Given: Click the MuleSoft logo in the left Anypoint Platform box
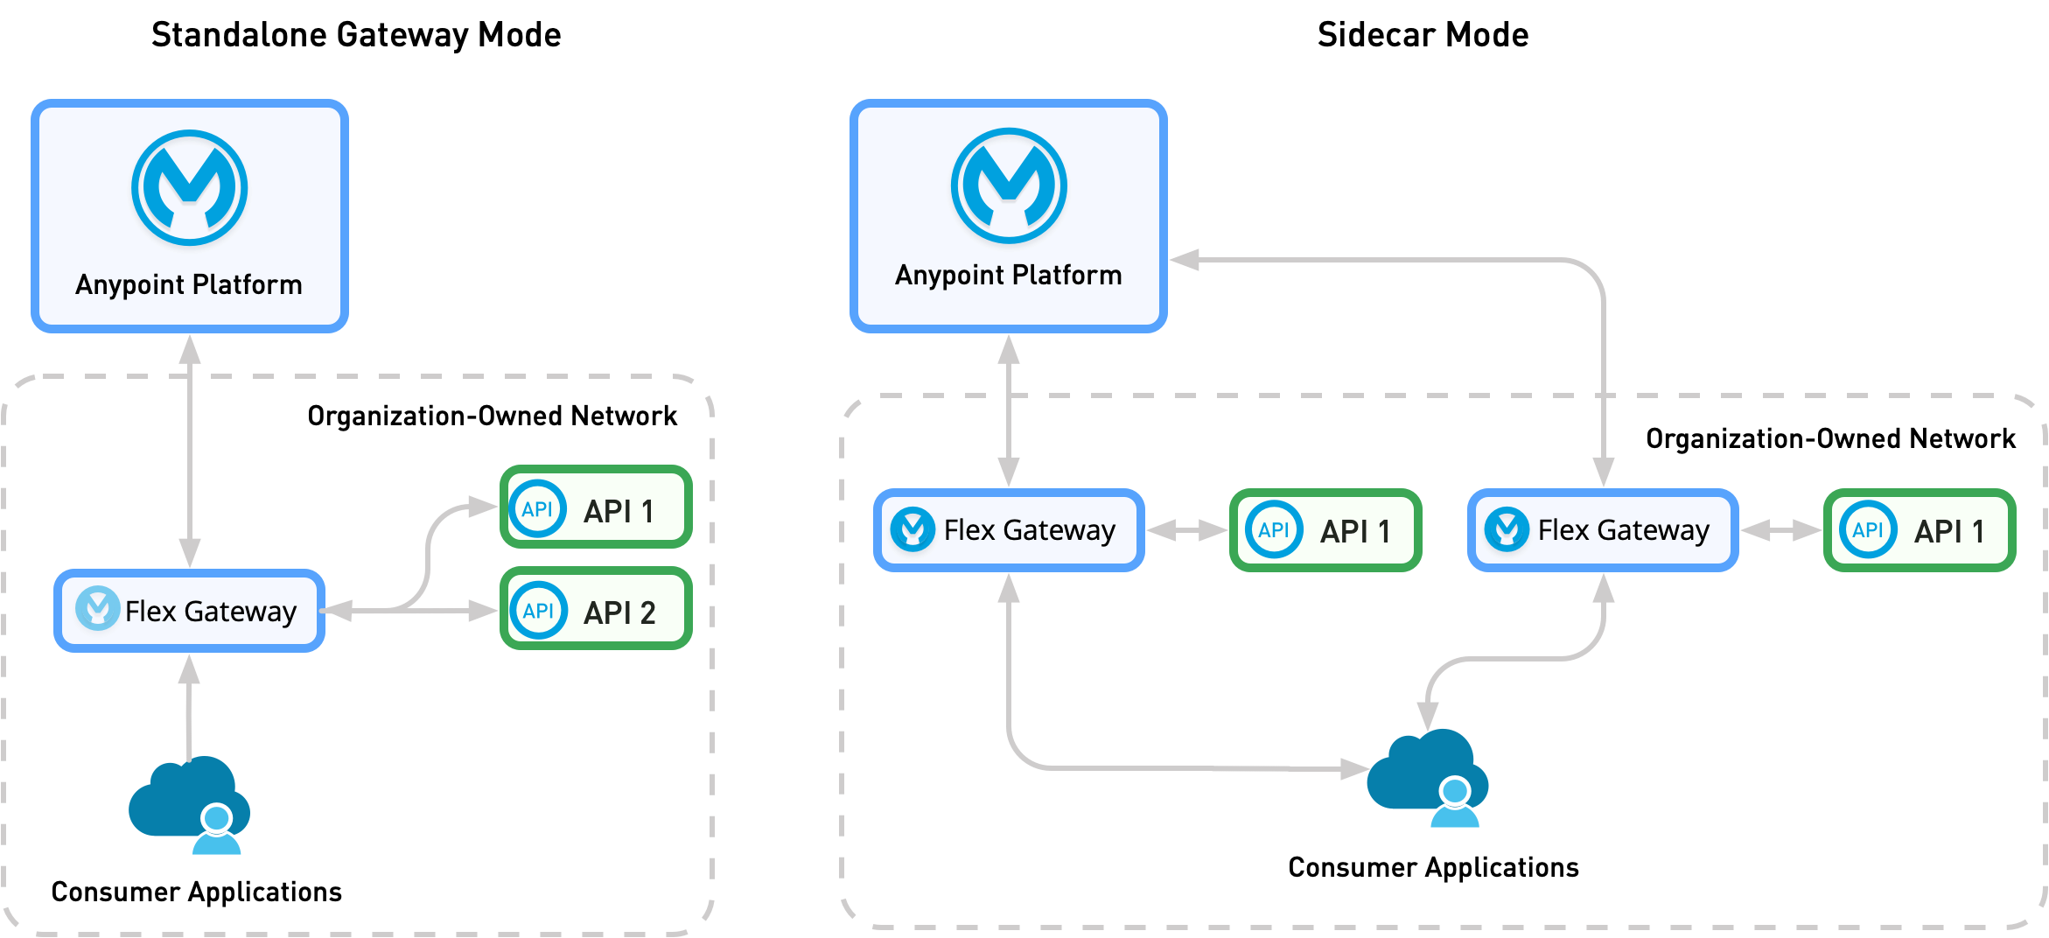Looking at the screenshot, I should click(x=189, y=188).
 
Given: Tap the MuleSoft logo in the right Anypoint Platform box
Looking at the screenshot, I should click(x=1009, y=185).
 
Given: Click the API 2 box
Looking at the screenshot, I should click(x=596, y=610).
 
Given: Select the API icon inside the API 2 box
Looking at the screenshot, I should click(x=538, y=610).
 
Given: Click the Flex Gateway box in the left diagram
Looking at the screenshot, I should click(x=189, y=610).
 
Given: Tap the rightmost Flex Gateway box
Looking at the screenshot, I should click(x=1603, y=529).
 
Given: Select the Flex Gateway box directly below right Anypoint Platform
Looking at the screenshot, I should click(x=1009, y=529).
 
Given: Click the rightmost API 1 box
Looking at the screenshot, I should click(x=1920, y=529).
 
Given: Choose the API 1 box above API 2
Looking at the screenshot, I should click(x=596, y=507).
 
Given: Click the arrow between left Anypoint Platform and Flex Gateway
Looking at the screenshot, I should click(x=190, y=451).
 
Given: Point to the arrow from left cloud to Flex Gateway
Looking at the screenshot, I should click(x=189, y=704).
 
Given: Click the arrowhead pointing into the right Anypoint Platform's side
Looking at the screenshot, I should click(x=1183, y=259).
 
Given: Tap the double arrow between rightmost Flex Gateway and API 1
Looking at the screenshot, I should click(x=1780, y=529).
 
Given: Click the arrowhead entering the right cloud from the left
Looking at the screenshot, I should click(x=1354, y=769).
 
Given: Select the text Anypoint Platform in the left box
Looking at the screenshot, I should click(x=189, y=284).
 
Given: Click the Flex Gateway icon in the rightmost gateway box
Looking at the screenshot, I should click(x=1507, y=528).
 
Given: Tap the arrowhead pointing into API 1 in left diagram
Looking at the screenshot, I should click(x=483, y=507).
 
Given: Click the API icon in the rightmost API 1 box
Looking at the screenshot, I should click(x=1868, y=529).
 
